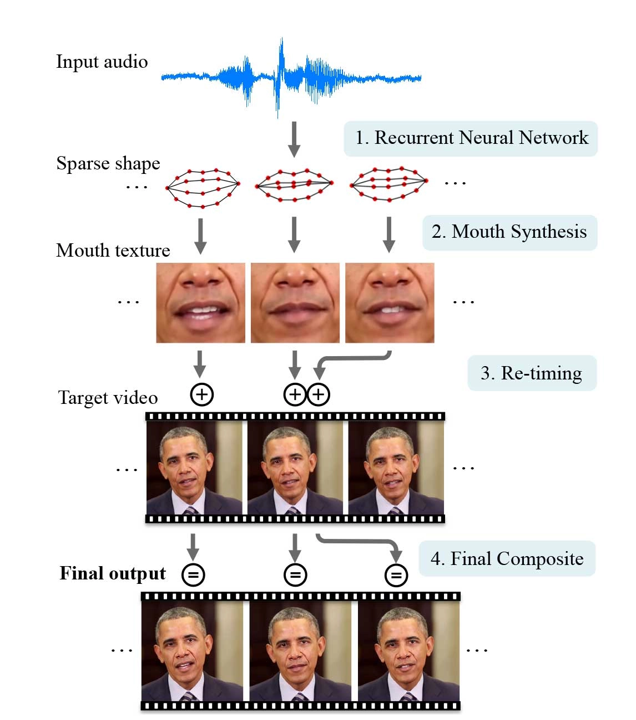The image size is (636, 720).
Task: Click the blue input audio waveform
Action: coord(291,78)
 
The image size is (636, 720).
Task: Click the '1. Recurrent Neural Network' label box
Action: coord(471,138)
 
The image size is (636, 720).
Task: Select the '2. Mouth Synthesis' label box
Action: coord(509,232)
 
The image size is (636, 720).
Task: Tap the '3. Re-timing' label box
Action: coord(531,373)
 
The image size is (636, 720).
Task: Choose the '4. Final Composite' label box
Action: coord(507,558)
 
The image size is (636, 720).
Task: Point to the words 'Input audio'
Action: coord(102,62)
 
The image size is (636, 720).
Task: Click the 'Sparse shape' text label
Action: coord(108,163)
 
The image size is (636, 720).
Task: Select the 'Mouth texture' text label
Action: coord(113,250)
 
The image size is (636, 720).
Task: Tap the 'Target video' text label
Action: coord(108,398)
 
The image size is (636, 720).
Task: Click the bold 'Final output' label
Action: coord(113,573)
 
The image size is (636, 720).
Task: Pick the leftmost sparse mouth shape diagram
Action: coord(203,188)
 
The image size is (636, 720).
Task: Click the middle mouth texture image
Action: coord(295,303)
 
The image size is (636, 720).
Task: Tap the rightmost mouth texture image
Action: coord(390,303)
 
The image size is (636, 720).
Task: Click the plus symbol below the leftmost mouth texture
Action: coord(202,394)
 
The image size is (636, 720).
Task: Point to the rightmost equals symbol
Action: coord(396,574)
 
